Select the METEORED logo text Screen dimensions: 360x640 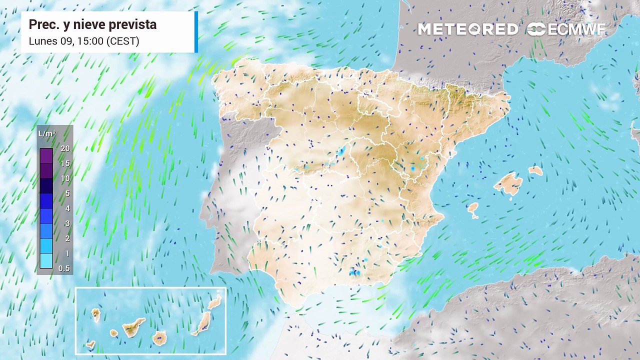tap(468, 29)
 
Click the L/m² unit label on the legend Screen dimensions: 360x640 tap(46, 133)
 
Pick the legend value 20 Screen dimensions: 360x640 tap(65, 148)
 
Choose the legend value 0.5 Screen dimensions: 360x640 tap(64, 268)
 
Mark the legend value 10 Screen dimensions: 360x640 tap(65, 178)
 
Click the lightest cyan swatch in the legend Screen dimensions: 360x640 tap(46, 261)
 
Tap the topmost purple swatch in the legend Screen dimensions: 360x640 tap(46, 155)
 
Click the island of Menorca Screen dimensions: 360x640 tap(535, 170)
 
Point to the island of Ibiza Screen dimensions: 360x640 tap(472, 208)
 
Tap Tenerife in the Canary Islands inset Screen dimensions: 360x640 tap(133, 327)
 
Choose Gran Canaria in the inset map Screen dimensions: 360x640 tap(159, 338)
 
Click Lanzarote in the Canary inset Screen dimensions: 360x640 tap(214, 302)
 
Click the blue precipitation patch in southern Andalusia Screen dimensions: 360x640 tap(355, 272)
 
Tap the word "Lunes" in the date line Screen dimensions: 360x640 tap(41, 41)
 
